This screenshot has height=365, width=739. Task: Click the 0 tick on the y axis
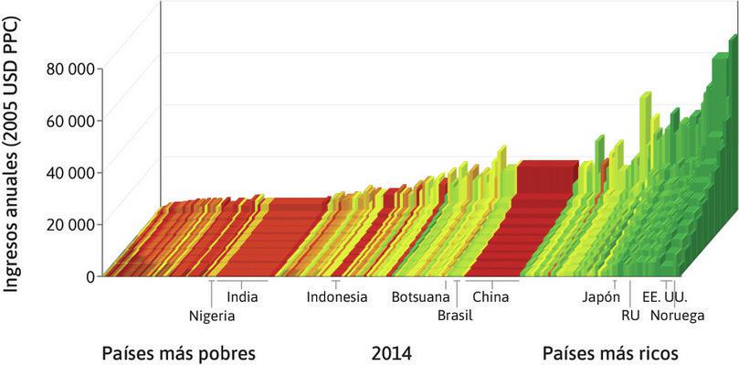pyautogui.click(x=90, y=275)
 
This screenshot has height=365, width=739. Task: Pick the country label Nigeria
pyautogui.click(x=212, y=316)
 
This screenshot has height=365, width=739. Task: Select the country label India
pyautogui.click(x=242, y=296)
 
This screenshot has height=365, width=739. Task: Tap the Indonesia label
pyautogui.click(x=337, y=296)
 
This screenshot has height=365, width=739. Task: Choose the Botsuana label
pyautogui.click(x=420, y=296)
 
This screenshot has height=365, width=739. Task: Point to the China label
pyautogui.click(x=491, y=296)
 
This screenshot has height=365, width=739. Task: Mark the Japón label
pyautogui.click(x=601, y=296)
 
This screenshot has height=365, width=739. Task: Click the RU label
pyautogui.click(x=629, y=316)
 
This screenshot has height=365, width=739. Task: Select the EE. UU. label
pyautogui.click(x=664, y=296)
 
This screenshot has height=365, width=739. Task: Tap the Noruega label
pyautogui.click(x=677, y=316)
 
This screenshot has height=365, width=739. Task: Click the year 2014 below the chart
pyautogui.click(x=392, y=353)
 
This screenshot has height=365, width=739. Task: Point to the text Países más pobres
pyautogui.click(x=177, y=353)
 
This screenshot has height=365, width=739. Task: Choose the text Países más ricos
pyautogui.click(x=610, y=353)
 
